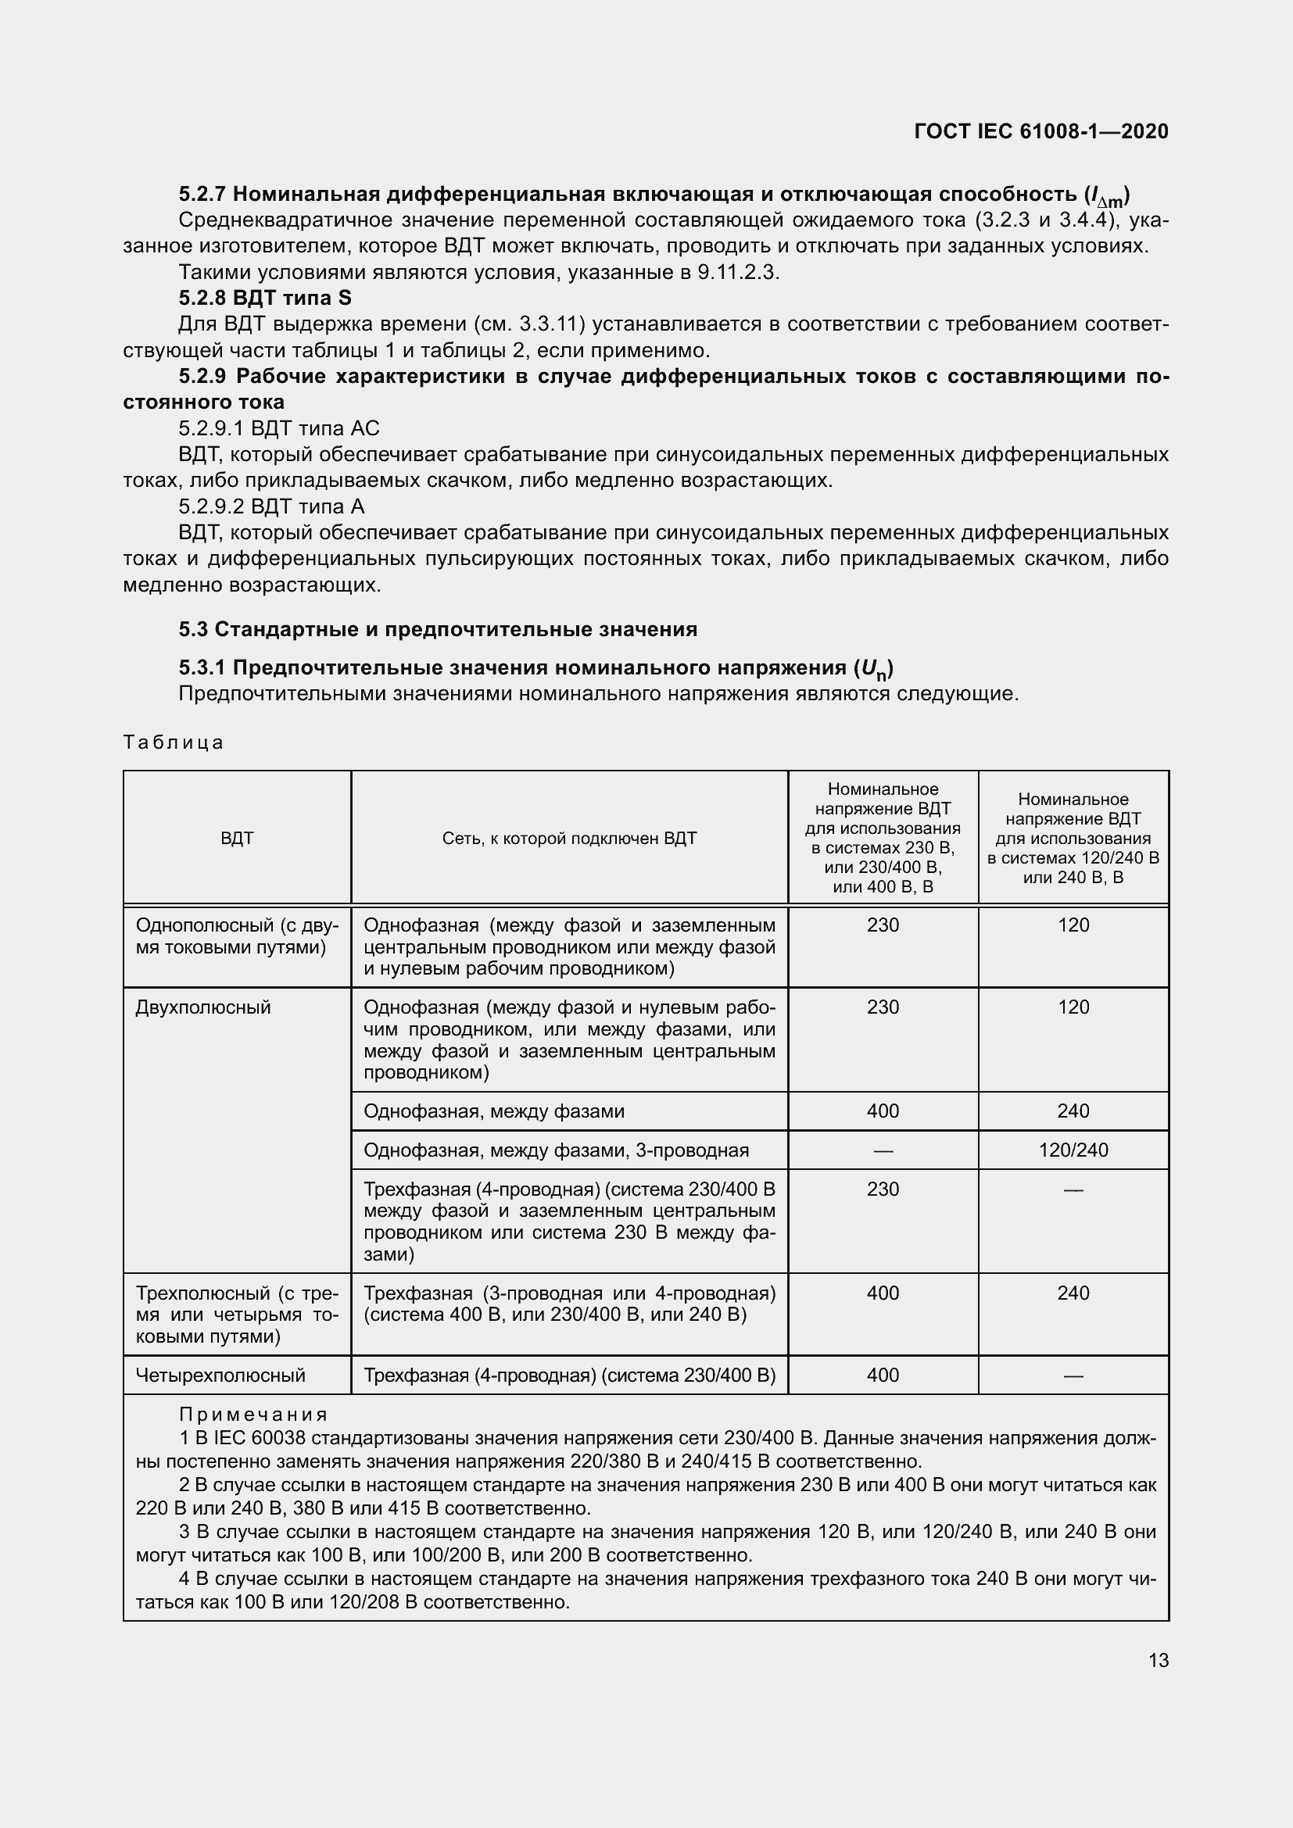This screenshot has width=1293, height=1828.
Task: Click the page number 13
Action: point(1158,1660)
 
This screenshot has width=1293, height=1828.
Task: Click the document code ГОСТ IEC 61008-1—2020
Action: point(1041,131)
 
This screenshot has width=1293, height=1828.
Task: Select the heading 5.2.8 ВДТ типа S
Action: point(264,298)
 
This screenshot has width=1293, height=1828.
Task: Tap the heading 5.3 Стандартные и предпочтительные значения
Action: point(437,629)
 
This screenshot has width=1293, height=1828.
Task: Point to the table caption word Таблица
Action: point(174,742)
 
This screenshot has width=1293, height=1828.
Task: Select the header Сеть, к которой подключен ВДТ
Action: point(568,838)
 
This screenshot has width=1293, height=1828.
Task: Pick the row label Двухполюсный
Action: point(203,1007)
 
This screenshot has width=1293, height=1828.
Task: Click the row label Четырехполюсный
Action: point(220,1375)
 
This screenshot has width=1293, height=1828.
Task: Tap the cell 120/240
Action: point(1073,1150)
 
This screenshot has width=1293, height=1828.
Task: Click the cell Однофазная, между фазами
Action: point(493,1111)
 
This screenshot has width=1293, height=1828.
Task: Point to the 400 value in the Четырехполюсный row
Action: point(882,1375)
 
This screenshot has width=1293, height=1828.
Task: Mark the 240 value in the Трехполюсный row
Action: point(1073,1293)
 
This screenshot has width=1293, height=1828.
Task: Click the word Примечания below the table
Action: point(253,1415)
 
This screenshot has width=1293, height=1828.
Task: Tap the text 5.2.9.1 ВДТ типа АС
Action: point(278,428)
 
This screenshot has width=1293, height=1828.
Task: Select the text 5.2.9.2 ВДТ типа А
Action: point(271,506)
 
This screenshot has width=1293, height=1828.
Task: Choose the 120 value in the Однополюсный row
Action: point(1073,925)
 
